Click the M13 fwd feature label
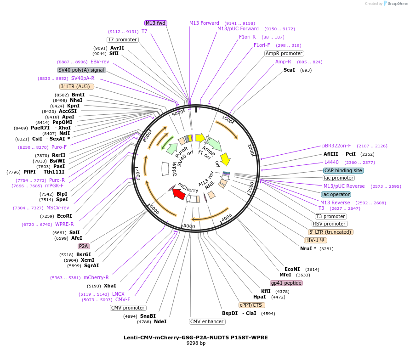[x=155, y=23]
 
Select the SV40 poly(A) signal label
[x=81, y=70]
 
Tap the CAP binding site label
[x=343, y=170]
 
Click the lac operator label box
[x=336, y=194]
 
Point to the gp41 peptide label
[x=286, y=283]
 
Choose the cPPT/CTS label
[x=251, y=305]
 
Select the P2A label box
[x=84, y=246]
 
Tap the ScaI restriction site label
[x=289, y=70]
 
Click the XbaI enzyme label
[x=110, y=286]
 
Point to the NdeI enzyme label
[x=160, y=321]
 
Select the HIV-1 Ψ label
[x=315, y=240]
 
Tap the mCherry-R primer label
[x=96, y=277]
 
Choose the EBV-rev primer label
[x=100, y=62]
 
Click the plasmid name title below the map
[x=195, y=337]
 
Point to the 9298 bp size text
[x=195, y=343]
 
